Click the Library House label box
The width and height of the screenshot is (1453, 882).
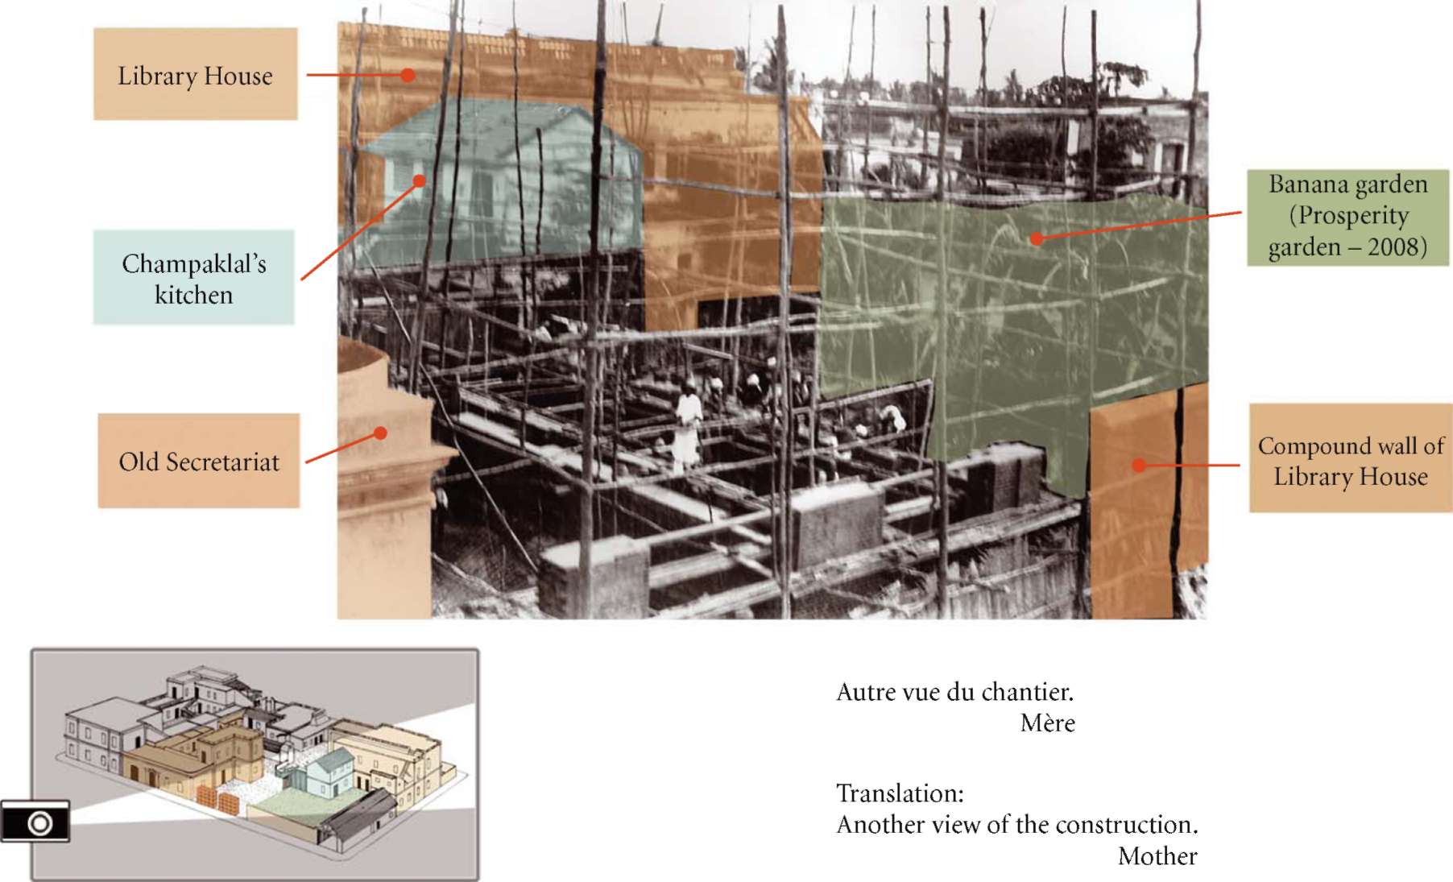tap(196, 74)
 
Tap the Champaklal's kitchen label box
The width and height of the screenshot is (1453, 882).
tap(194, 277)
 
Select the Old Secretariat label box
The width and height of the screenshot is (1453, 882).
tap(199, 461)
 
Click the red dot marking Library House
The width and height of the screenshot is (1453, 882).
tap(408, 75)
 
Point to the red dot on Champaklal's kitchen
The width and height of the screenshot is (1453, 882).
tap(419, 180)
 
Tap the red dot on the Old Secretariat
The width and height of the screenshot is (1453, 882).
tap(381, 433)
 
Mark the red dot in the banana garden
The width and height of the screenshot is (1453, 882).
tap(1037, 238)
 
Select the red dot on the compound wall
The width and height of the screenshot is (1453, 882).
tap(1139, 465)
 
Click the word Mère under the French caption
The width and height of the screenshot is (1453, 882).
tap(1047, 723)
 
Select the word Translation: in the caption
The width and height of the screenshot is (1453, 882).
tap(900, 793)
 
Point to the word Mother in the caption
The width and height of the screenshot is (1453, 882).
tap(1157, 855)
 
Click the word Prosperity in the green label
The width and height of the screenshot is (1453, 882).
tap(1353, 216)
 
